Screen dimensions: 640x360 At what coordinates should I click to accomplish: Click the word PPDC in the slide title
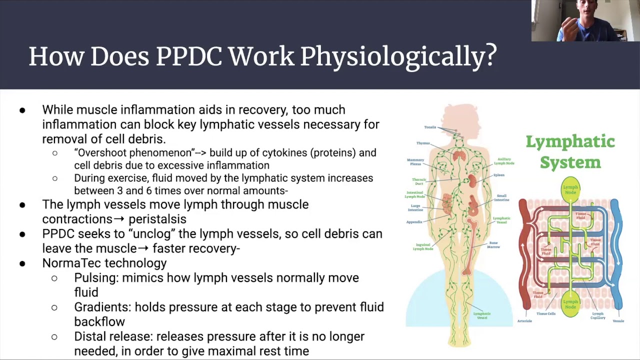click(x=188, y=56)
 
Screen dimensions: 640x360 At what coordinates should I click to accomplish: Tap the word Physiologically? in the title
click(x=398, y=56)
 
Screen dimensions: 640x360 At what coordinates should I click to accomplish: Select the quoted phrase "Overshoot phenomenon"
click(x=134, y=153)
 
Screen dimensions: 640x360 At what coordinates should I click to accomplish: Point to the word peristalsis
click(x=157, y=219)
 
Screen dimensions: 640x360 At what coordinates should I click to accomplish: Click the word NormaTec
click(x=71, y=263)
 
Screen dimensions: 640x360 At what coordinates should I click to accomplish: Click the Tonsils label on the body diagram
click(x=430, y=127)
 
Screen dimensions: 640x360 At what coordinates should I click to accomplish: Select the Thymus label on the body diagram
click(x=423, y=143)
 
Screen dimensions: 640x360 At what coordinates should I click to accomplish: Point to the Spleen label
click(x=498, y=175)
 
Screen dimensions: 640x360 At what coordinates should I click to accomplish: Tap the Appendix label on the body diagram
click(x=414, y=222)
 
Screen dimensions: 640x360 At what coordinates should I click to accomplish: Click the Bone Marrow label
click(x=493, y=245)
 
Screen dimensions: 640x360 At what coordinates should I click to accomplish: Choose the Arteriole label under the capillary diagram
click(x=524, y=321)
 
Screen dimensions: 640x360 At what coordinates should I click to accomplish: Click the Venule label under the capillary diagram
click(x=618, y=321)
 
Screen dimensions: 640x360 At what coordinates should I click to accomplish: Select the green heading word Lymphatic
click(x=570, y=142)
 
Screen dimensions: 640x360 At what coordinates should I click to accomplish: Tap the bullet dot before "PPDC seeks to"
click(x=22, y=234)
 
